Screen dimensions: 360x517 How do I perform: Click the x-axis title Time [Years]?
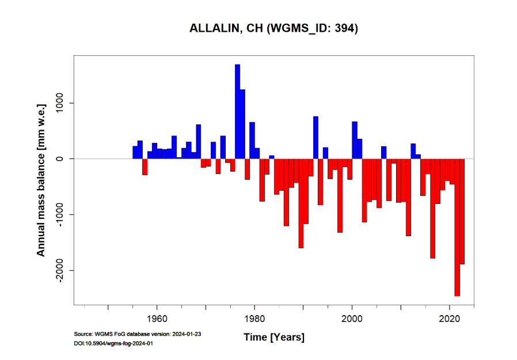[273, 337]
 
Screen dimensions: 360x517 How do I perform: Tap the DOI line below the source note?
[113, 343]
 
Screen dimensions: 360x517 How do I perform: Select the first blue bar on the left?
[135, 152]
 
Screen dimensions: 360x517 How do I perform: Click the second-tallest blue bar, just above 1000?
[242, 124]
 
